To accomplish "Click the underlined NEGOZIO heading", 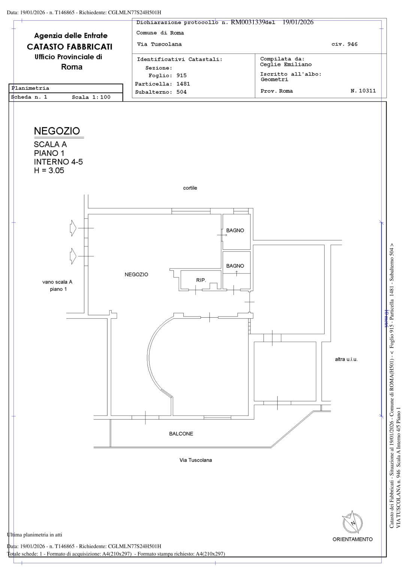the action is [57, 131].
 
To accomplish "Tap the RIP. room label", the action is [201, 280].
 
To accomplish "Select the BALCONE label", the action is [181, 433].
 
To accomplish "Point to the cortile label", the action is [190, 188].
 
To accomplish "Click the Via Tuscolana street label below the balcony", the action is [196, 460].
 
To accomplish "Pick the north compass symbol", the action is [353, 523].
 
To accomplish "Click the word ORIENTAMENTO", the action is [352, 539].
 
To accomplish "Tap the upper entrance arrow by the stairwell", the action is [73, 228].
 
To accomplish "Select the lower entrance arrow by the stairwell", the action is [73, 256].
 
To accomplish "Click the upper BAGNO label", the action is [235, 230].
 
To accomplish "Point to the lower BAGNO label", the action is [235, 266].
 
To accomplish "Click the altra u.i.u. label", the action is [346, 360].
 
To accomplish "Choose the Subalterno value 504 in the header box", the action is [181, 92].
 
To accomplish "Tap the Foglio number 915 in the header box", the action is [181, 76].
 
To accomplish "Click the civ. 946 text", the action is [344, 44].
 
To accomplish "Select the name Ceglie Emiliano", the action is [286, 64].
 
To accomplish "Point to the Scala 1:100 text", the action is [91, 97].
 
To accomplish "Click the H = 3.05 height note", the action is [49, 171].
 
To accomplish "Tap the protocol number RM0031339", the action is [248, 22].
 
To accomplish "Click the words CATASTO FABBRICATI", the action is [70, 47].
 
